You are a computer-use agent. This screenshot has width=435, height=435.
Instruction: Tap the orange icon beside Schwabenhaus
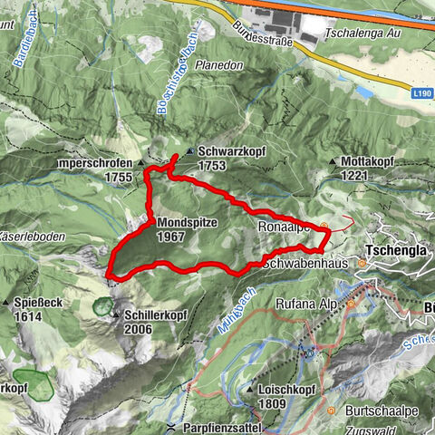coord(362,264)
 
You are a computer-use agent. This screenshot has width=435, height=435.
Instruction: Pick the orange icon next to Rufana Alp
coord(351,304)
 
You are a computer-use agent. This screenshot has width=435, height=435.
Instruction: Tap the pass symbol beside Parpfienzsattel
coord(170,426)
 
